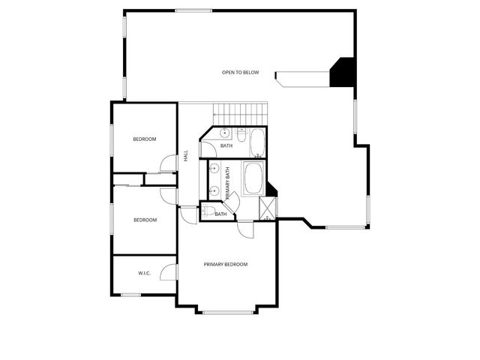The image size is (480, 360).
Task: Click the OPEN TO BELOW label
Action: [240, 72]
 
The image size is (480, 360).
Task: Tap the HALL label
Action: [186, 156]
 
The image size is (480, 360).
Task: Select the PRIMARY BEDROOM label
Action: [226, 264]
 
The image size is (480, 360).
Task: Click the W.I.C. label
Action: [145, 273]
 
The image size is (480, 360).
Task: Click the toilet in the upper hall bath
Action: [241, 134]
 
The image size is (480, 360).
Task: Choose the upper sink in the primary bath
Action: [214, 169]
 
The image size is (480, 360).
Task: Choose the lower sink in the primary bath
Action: [214, 190]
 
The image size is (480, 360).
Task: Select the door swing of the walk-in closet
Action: [170, 272]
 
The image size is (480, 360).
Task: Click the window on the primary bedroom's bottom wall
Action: [226, 311]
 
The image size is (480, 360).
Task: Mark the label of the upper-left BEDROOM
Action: [145, 139]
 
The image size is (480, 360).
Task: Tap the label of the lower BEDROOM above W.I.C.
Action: [145, 220]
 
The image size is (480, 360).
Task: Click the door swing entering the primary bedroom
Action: [244, 229]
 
